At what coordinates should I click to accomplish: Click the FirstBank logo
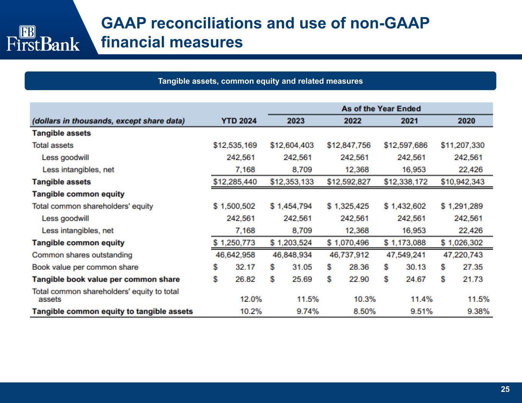pyautogui.click(x=43, y=38)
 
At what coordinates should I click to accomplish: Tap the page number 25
pyautogui.click(x=505, y=389)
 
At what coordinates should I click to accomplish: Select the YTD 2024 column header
pyautogui.click(x=239, y=121)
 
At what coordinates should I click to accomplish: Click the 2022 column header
pyautogui.click(x=352, y=121)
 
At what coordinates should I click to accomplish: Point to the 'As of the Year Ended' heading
pyautogui.click(x=381, y=109)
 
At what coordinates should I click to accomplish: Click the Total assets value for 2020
pyautogui.click(x=462, y=145)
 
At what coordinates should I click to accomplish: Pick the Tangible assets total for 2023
pyautogui.click(x=292, y=182)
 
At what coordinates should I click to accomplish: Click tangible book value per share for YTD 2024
pyautogui.click(x=245, y=279)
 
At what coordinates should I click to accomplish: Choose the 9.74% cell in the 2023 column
pyautogui.click(x=307, y=311)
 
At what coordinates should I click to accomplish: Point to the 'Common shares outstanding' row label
pyautogui.click(x=82, y=255)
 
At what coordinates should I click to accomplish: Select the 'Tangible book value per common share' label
pyautogui.click(x=106, y=279)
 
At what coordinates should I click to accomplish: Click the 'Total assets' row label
pyautogui.click(x=53, y=145)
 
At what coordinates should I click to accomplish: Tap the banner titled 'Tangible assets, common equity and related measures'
pyautogui.click(x=260, y=81)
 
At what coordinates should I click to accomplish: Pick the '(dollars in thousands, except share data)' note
pyautogui.click(x=109, y=121)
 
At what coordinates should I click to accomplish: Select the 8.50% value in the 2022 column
pyautogui.click(x=364, y=311)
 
